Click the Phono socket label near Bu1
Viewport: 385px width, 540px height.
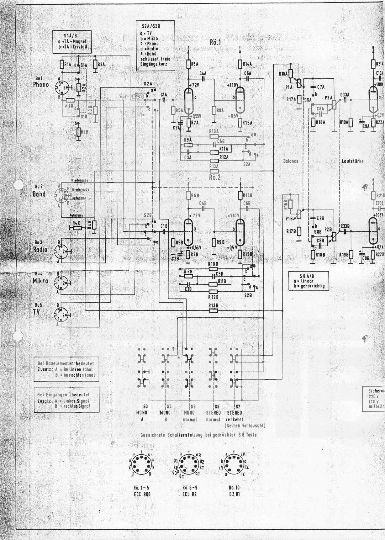41,85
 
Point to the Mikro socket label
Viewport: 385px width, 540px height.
41,281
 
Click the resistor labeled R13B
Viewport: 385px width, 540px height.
214,311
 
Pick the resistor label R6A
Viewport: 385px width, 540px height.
195,64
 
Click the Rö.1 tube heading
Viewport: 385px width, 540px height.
215,42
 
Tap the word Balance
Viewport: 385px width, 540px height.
291,161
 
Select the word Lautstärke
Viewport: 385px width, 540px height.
353,161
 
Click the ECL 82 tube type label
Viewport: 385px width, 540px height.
190,494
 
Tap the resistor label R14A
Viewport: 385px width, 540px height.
247,64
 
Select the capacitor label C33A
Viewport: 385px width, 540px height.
345,94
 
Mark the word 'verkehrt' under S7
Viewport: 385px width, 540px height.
234,419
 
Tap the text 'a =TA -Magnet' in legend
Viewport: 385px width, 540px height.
72,41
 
